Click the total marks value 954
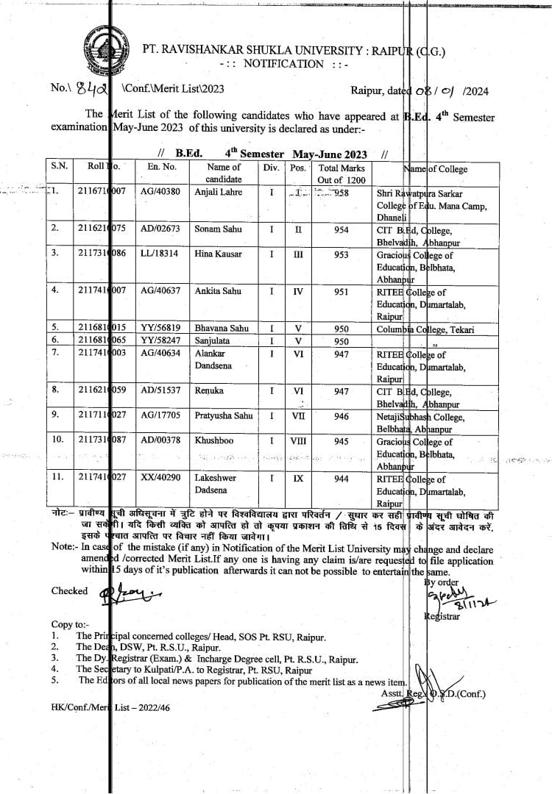[x=341, y=229]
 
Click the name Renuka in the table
[x=208, y=391]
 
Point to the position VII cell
[x=298, y=416]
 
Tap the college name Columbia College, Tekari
[x=425, y=329]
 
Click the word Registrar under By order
[x=442, y=616]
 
